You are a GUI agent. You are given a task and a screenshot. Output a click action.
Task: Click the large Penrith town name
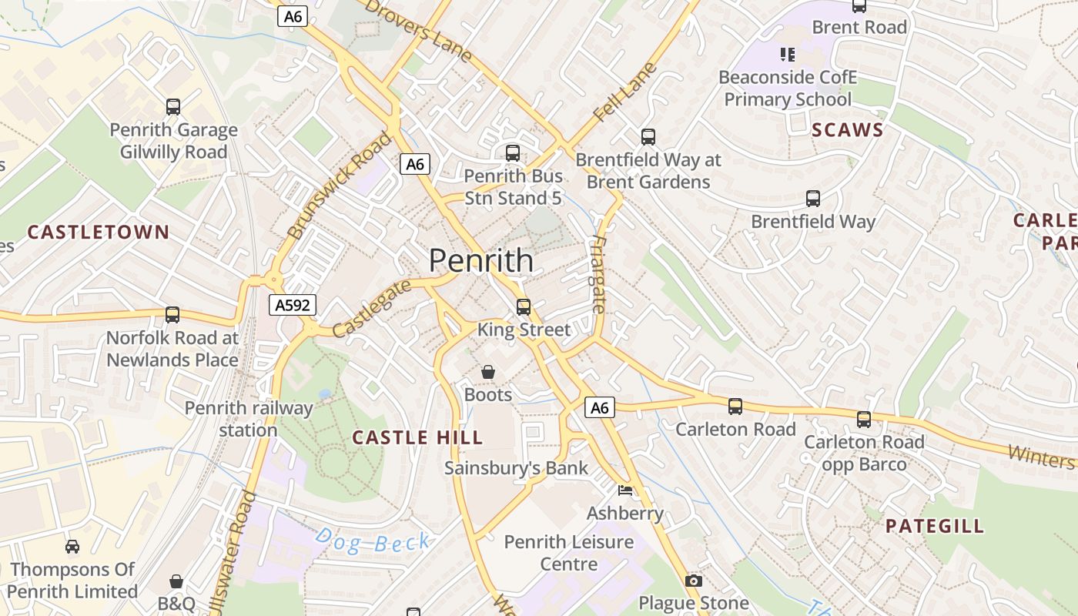480,260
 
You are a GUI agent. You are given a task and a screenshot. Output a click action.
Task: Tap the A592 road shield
293,305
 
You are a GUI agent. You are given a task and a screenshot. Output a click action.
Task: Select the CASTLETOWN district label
98,232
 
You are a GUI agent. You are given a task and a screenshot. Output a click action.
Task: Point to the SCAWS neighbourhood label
848,129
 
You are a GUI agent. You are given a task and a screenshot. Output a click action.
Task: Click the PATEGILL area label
934,526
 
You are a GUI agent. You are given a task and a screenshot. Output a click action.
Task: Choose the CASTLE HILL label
417,437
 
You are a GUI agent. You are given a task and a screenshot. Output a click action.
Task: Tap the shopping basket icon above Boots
487,373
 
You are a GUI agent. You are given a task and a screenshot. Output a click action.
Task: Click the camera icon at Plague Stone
693,581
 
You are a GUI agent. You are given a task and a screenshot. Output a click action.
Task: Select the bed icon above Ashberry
624,490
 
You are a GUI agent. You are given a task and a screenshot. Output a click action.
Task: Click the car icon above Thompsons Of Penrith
72,547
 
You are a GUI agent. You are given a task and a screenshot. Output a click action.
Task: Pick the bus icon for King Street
524,306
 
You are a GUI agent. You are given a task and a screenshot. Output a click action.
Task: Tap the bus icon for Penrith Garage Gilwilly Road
173,107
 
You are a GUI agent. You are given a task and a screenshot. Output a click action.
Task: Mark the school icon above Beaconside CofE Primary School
787,54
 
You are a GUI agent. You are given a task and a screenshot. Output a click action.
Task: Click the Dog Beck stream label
373,541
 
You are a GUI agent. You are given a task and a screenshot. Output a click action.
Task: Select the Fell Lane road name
625,92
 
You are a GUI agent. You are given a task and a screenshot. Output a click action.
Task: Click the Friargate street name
598,273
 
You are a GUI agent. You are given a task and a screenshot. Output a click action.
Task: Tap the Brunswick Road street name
339,185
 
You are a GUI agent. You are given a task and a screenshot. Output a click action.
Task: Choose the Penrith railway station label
248,419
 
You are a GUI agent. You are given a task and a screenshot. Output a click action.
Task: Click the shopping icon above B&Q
176,581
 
